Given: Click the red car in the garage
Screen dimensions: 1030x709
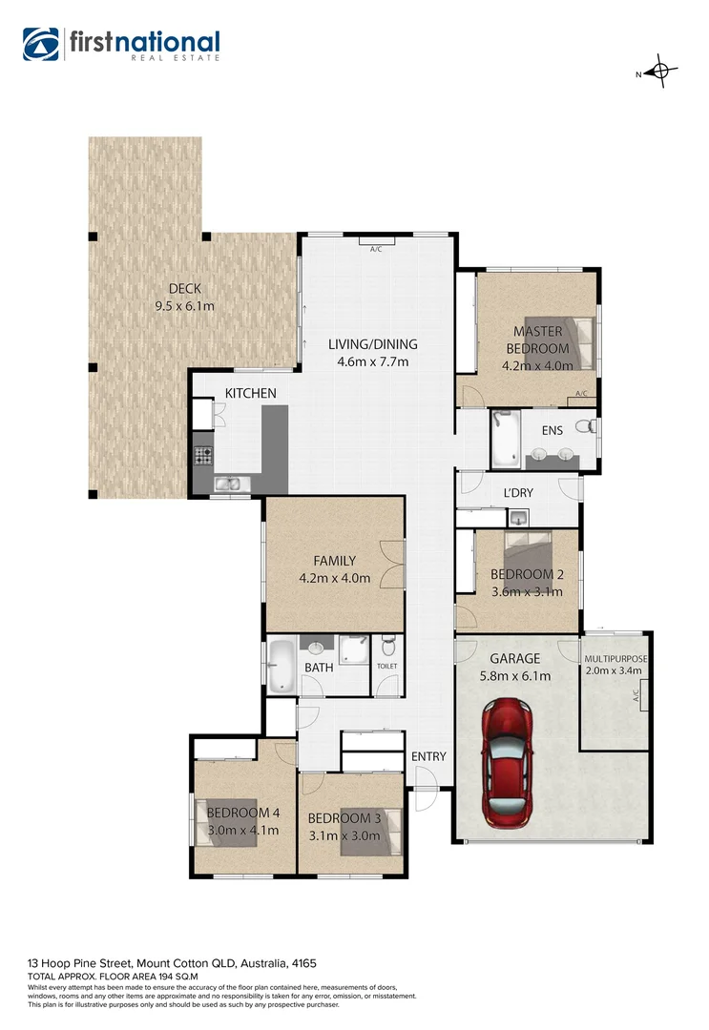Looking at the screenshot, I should pyautogui.click(x=507, y=763).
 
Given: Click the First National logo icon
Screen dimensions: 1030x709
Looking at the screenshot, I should pyautogui.click(x=41, y=44).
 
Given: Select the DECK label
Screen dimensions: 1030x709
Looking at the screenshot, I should pyautogui.click(x=183, y=289).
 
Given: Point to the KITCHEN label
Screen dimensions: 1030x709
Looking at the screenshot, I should pyautogui.click(x=250, y=393).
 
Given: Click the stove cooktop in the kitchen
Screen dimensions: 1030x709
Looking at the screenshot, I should pyautogui.click(x=203, y=456).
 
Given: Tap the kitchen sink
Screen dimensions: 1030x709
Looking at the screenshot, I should pyautogui.click(x=229, y=484).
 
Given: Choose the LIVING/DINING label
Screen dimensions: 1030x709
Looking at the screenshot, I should pyautogui.click(x=372, y=344).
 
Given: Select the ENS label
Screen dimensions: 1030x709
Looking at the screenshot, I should pyautogui.click(x=553, y=431).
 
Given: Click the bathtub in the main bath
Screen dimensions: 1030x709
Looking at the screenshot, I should pyautogui.click(x=281, y=665).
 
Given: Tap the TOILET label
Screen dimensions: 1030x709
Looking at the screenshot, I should pyautogui.click(x=386, y=666).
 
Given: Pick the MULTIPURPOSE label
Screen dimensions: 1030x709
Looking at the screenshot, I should pyautogui.click(x=615, y=658).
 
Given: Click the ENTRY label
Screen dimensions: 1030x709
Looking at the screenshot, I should pyautogui.click(x=428, y=756).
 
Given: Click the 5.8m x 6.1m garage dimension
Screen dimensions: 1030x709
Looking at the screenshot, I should pyautogui.click(x=514, y=676).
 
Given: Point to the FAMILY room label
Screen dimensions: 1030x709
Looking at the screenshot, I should pyautogui.click(x=334, y=561).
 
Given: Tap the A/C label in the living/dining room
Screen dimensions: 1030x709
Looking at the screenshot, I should pyautogui.click(x=376, y=249).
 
